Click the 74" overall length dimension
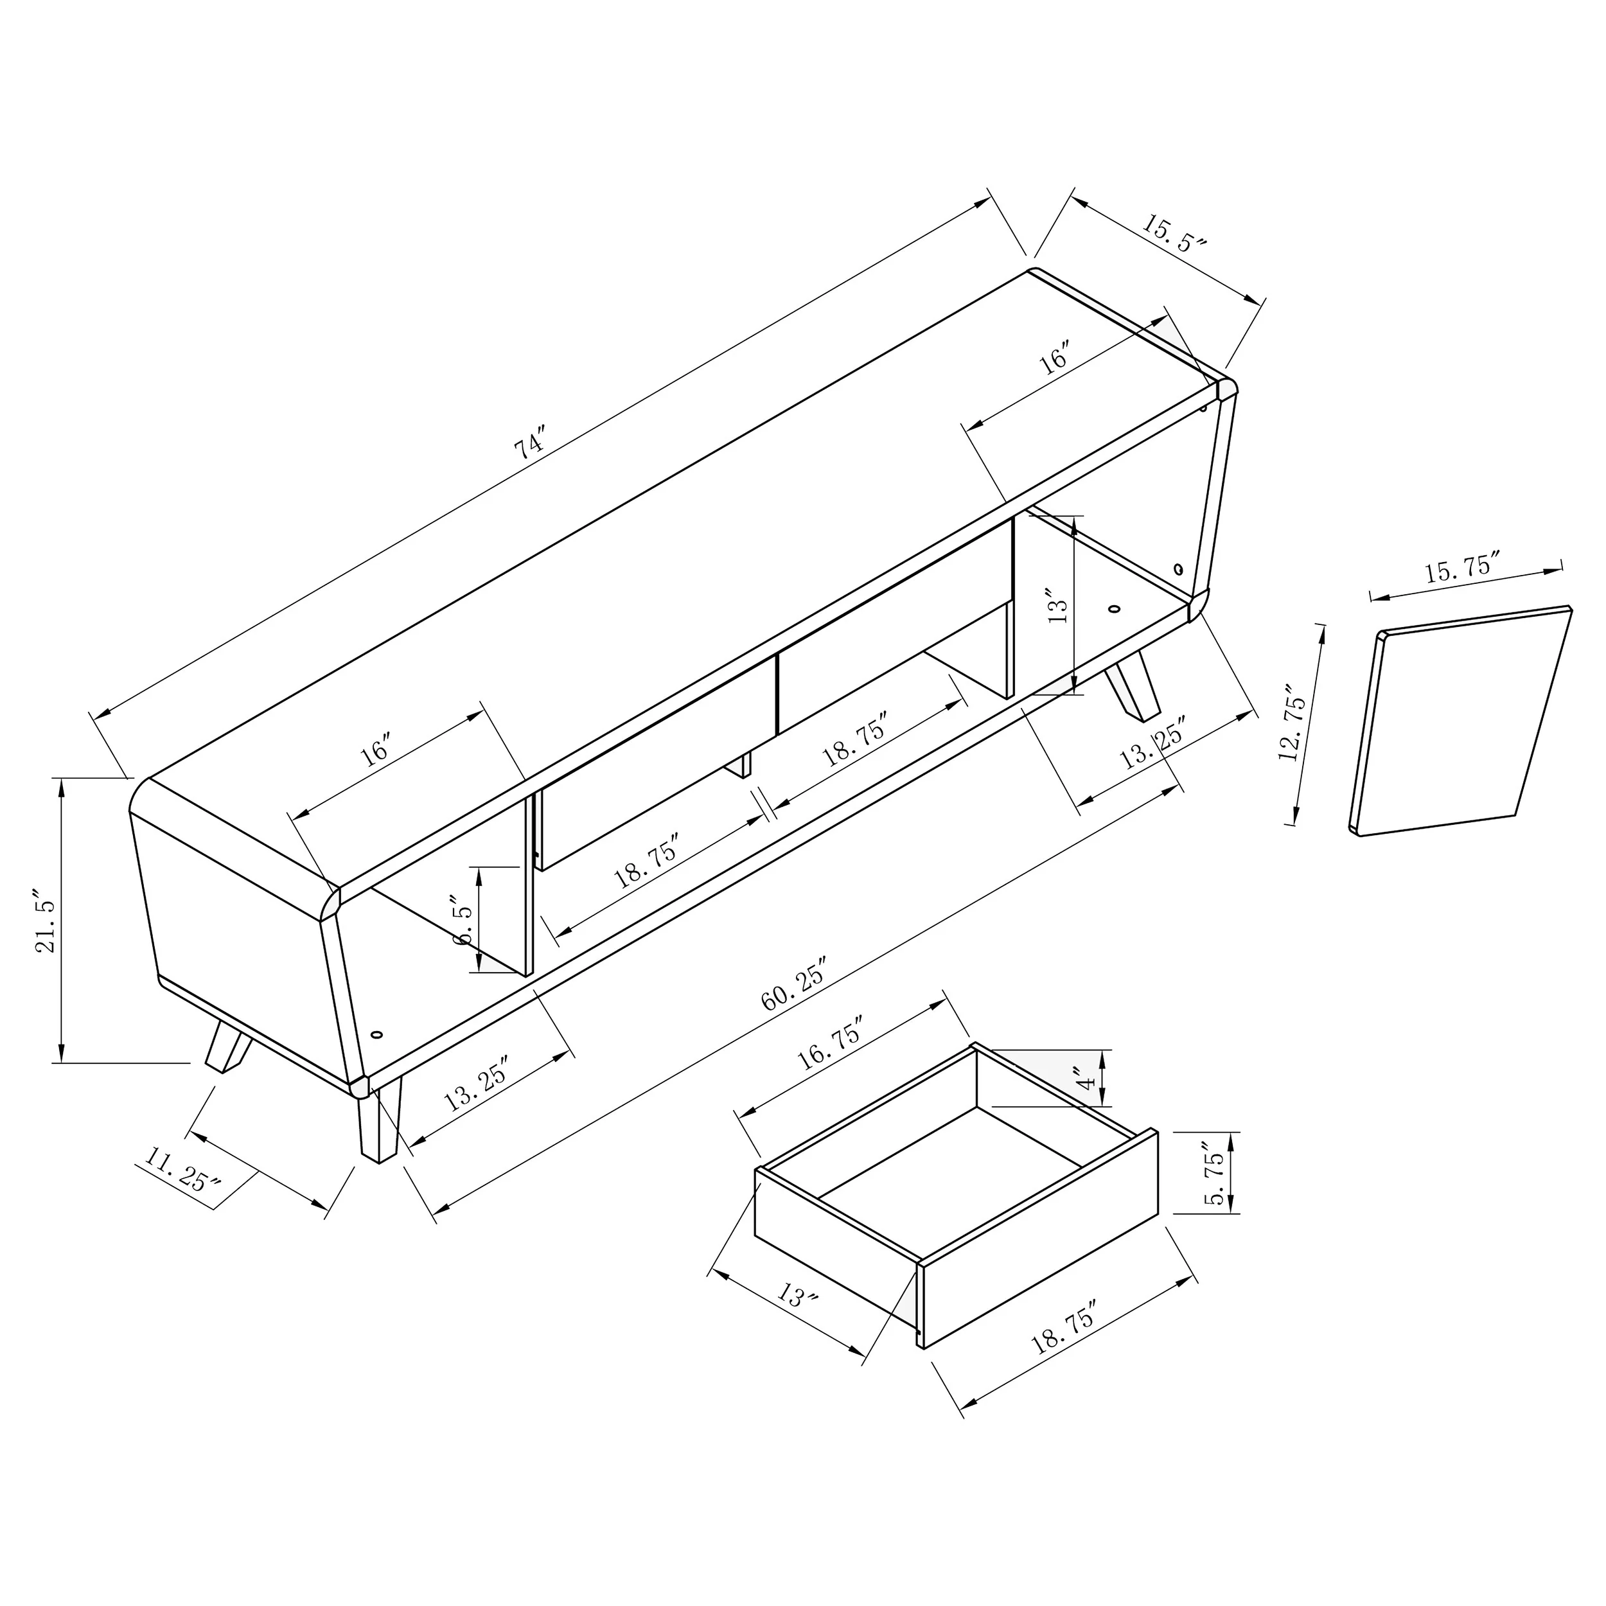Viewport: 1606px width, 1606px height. pyautogui.click(x=529, y=445)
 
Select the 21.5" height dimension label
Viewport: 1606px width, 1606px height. pyautogui.click(x=46, y=924)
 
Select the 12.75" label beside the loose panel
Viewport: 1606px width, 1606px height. pyautogui.click(x=1293, y=724)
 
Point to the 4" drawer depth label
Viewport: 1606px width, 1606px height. pyautogui.click(x=1086, y=1081)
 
